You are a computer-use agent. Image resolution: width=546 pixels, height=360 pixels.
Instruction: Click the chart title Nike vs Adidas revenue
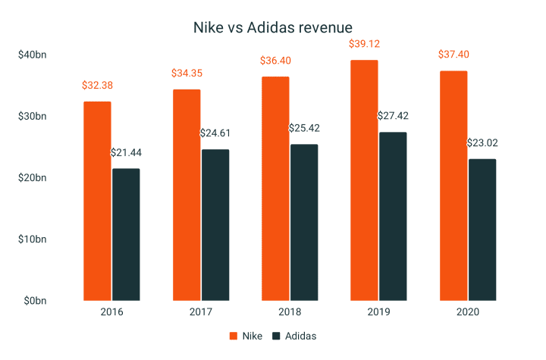point(273,27)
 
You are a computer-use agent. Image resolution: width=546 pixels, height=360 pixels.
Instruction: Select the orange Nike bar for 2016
point(96,201)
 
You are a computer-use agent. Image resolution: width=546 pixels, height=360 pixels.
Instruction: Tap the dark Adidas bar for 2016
point(126,234)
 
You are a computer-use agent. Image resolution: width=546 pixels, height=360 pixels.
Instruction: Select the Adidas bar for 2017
point(215,224)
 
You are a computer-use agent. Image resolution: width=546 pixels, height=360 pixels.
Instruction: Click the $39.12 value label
point(363,44)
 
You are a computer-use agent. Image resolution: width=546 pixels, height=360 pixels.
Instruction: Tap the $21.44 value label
point(126,152)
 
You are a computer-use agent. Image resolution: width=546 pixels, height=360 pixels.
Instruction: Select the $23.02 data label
point(482,142)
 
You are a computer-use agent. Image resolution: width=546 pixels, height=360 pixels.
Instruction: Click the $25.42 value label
point(304,128)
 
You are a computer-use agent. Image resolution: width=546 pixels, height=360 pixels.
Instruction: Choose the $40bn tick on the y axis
point(31,55)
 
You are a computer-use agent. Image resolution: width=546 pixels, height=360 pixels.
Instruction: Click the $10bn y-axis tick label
point(31,239)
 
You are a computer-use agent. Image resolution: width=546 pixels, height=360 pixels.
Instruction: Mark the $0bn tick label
point(34,301)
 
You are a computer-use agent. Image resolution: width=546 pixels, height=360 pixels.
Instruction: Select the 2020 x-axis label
point(467,311)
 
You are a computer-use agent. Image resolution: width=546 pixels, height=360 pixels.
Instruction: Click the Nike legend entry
point(246,336)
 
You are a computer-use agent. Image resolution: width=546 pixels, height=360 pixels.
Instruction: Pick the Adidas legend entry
point(294,336)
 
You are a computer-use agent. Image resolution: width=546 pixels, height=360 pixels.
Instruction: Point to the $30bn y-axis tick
point(31,116)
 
